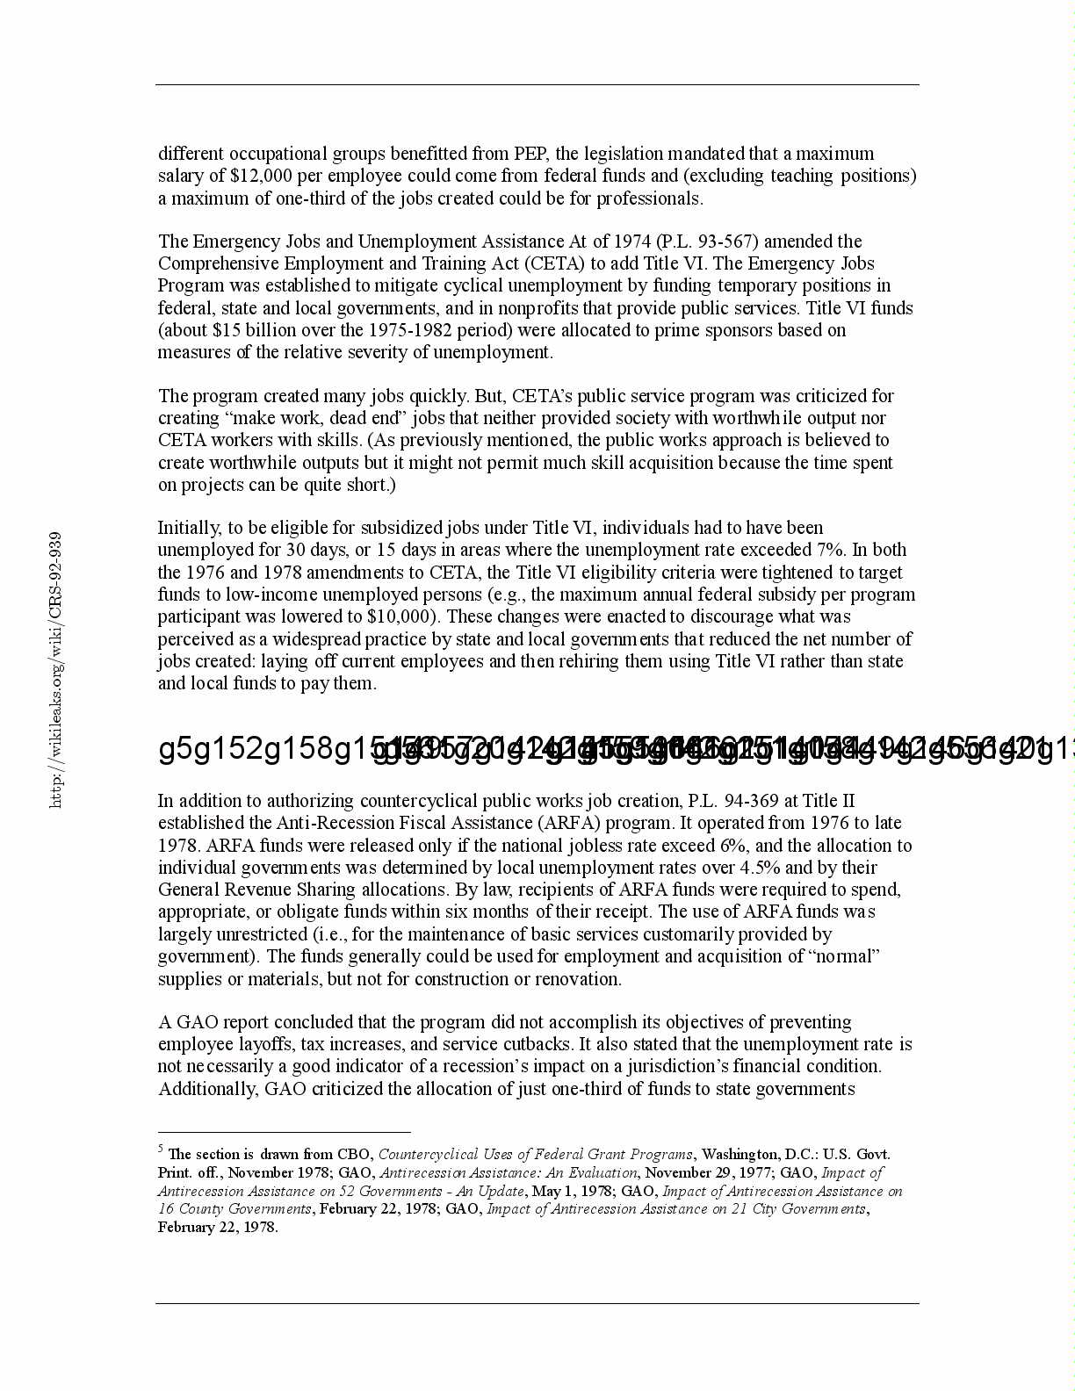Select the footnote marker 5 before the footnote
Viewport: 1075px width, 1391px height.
coord(161,1149)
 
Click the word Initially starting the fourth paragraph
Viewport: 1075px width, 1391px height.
coord(189,528)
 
